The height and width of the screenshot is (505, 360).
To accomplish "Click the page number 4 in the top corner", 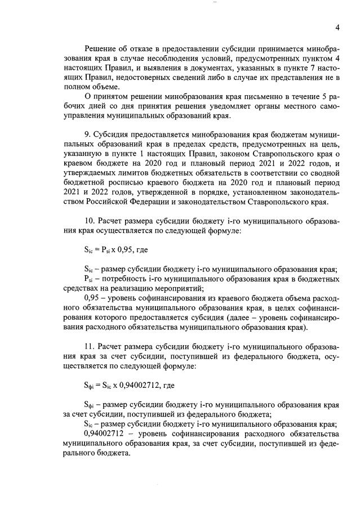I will coord(337,28).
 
